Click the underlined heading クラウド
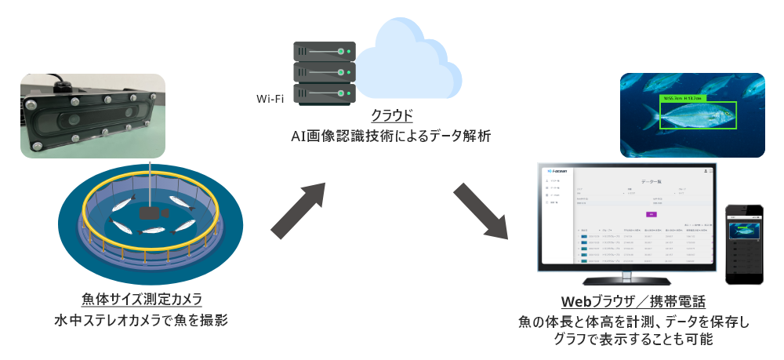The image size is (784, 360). (x=391, y=117)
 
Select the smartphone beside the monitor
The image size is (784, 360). (x=744, y=245)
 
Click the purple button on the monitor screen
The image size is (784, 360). (x=650, y=213)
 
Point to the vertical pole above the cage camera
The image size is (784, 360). (x=150, y=184)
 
